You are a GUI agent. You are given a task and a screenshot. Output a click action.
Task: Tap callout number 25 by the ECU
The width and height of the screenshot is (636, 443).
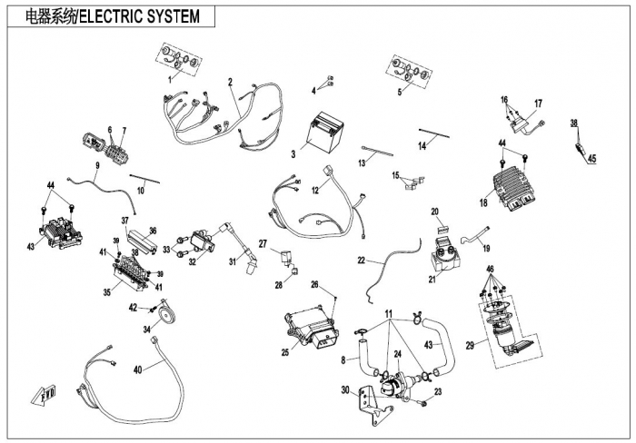(283, 351)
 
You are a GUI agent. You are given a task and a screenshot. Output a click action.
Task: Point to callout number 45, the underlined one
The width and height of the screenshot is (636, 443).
(591, 159)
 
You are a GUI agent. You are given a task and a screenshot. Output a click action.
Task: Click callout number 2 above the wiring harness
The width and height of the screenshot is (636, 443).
(231, 83)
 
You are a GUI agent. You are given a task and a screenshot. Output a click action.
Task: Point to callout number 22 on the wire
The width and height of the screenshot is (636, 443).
(363, 261)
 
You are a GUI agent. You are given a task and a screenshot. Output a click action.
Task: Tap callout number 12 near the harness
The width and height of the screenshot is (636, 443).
(315, 191)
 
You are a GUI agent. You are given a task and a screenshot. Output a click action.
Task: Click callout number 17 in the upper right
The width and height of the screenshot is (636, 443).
(538, 103)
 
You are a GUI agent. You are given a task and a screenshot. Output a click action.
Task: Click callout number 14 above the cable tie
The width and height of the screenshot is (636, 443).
(422, 145)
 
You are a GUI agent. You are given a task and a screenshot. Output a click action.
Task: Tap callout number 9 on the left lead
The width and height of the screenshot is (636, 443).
(97, 165)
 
